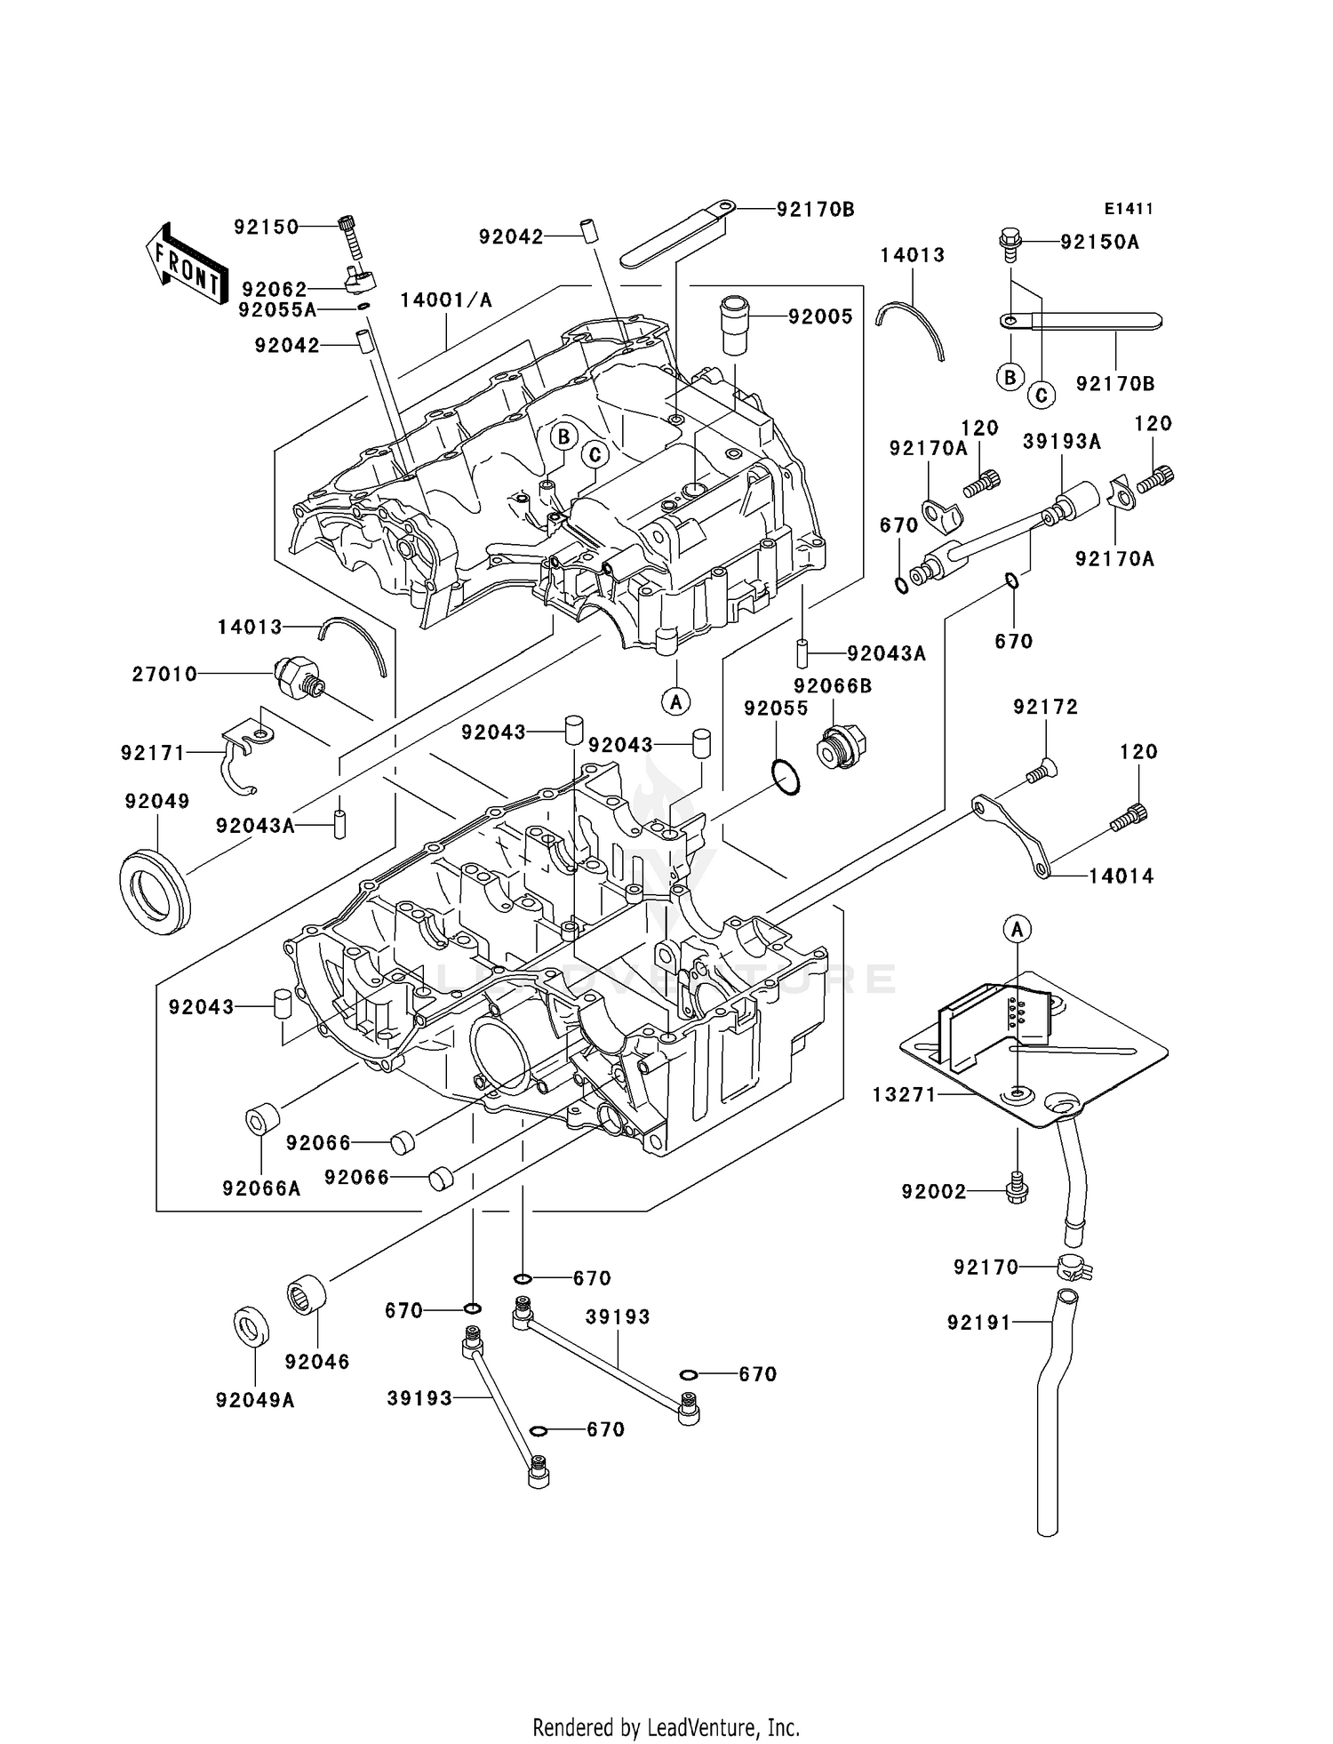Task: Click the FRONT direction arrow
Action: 184,265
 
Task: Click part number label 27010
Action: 164,675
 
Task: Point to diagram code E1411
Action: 1129,209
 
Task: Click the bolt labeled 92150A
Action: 1010,242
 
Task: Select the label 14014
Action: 1121,876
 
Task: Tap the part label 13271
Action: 904,1095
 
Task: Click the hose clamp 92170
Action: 1074,1267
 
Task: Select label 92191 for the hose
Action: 979,1323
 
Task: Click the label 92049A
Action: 254,1400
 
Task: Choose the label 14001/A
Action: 445,300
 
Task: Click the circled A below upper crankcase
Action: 676,701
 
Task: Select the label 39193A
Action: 1061,442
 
